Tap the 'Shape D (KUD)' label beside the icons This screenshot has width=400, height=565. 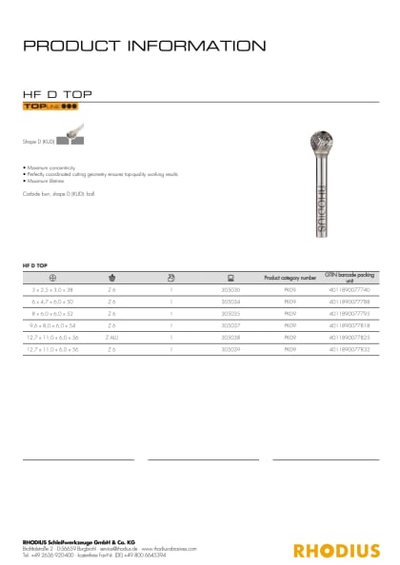pyautogui.click(x=37, y=140)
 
